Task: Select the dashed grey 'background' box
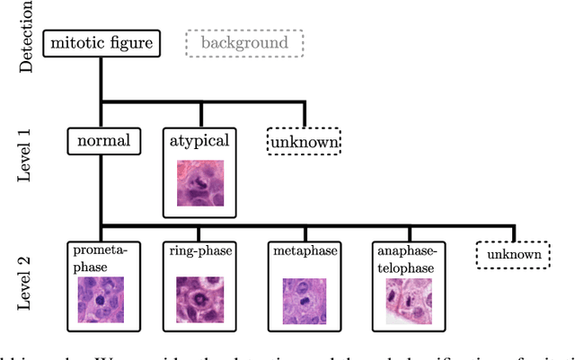[x=244, y=42]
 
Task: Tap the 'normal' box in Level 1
[x=102, y=140]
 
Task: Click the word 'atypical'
[x=199, y=141]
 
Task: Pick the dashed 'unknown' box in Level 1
[x=304, y=142]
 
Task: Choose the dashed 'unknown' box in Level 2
[x=512, y=256]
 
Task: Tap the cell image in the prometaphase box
[x=100, y=299]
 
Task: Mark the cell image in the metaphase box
[x=305, y=299]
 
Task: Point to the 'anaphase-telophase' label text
[x=409, y=259]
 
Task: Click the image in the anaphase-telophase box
[x=409, y=300]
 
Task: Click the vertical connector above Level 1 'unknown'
[x=305, y=114]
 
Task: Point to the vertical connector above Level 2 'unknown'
[x=514, y=233]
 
